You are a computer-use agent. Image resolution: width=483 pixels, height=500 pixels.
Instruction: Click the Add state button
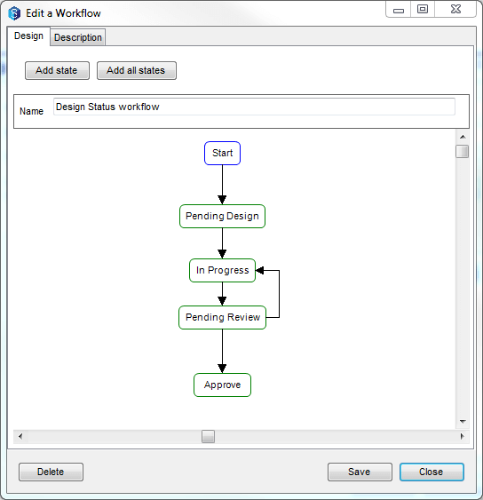pos(57,70)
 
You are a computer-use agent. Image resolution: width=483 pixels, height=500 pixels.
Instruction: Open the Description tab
pos(78,37)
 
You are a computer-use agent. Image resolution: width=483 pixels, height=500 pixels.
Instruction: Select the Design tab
pos(28,36)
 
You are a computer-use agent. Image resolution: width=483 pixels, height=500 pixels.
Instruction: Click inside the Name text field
pos(254,107)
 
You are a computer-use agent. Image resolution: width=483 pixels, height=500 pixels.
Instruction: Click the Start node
pos(222,153)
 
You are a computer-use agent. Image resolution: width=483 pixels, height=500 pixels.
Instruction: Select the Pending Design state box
pos(222,216)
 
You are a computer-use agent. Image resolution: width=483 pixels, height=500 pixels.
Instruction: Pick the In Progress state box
pos(222,270)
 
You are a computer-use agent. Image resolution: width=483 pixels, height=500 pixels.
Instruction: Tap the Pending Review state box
pos(222,318)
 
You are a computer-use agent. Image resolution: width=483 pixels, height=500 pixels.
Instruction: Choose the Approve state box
pos(222,385)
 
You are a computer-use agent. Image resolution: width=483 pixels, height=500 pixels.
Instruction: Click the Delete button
pos(51,472)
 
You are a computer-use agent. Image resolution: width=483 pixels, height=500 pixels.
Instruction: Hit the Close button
pos(432,472)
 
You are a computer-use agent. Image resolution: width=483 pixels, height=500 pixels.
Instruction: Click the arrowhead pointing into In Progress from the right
pos(259,270)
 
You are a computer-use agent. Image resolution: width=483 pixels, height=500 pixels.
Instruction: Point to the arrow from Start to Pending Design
pos(222,185)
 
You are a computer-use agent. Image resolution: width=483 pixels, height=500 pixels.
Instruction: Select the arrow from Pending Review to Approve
pos(222,351)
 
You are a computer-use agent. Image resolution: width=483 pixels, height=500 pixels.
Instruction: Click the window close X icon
pos(455,9)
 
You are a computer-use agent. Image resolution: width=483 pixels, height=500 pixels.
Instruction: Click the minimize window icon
pos(399,10)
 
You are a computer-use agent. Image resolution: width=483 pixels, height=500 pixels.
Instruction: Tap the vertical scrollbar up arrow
pos(463,137)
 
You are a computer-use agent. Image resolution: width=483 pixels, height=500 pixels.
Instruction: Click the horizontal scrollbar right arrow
pos(463,436)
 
